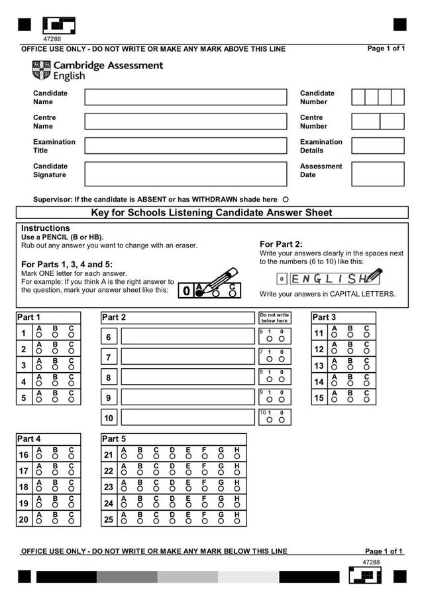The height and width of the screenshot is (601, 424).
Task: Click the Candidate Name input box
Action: point(185,98)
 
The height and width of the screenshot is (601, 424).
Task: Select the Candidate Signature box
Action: point(185,174)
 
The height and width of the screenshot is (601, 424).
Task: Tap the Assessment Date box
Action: point(378,174)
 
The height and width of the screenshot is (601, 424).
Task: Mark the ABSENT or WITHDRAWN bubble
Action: point(286,199)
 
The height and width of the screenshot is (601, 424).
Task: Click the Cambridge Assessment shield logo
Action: point(41,70)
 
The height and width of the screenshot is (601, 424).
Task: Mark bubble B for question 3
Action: point(55,368)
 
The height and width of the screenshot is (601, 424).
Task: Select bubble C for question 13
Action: point(366,368)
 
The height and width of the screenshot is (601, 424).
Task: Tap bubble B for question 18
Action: point(55,490)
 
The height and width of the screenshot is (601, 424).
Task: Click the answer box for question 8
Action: point(187,377)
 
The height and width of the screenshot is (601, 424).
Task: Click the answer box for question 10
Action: point(187,417)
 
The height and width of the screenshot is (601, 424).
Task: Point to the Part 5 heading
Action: point(114,439)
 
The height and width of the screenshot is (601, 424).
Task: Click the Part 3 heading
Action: point(324,318)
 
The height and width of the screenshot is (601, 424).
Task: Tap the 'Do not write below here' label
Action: point(274,318)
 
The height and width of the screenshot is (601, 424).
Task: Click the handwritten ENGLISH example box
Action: point(328,279)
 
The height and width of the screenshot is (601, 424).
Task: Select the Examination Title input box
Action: point(185,146)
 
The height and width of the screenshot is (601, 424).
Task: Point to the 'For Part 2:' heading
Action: point(281,244)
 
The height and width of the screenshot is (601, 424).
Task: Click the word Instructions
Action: point(45,228)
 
